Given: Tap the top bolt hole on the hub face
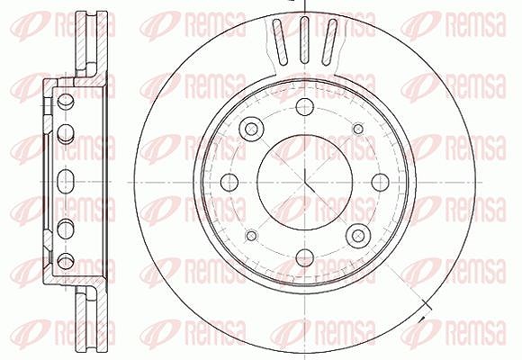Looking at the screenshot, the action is pyautogui.click(x=304, y=107).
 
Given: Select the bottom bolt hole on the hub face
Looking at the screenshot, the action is pyautogui.click(x=304, y=257).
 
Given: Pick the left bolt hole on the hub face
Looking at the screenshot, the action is pyautogui.click(x=229, y=182).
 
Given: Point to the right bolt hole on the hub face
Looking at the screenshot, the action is pyautogui.click(x=380, y=182).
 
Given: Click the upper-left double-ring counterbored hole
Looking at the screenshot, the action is pyautogui.click(x=251, y=129).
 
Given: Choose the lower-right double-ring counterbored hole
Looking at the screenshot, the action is pyautogui.click(x=358, y=236).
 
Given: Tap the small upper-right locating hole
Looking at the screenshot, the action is pyautogui.click(x=358, y=129).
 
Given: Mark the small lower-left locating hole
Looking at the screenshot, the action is pyautogui.click(x=251, y=236).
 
